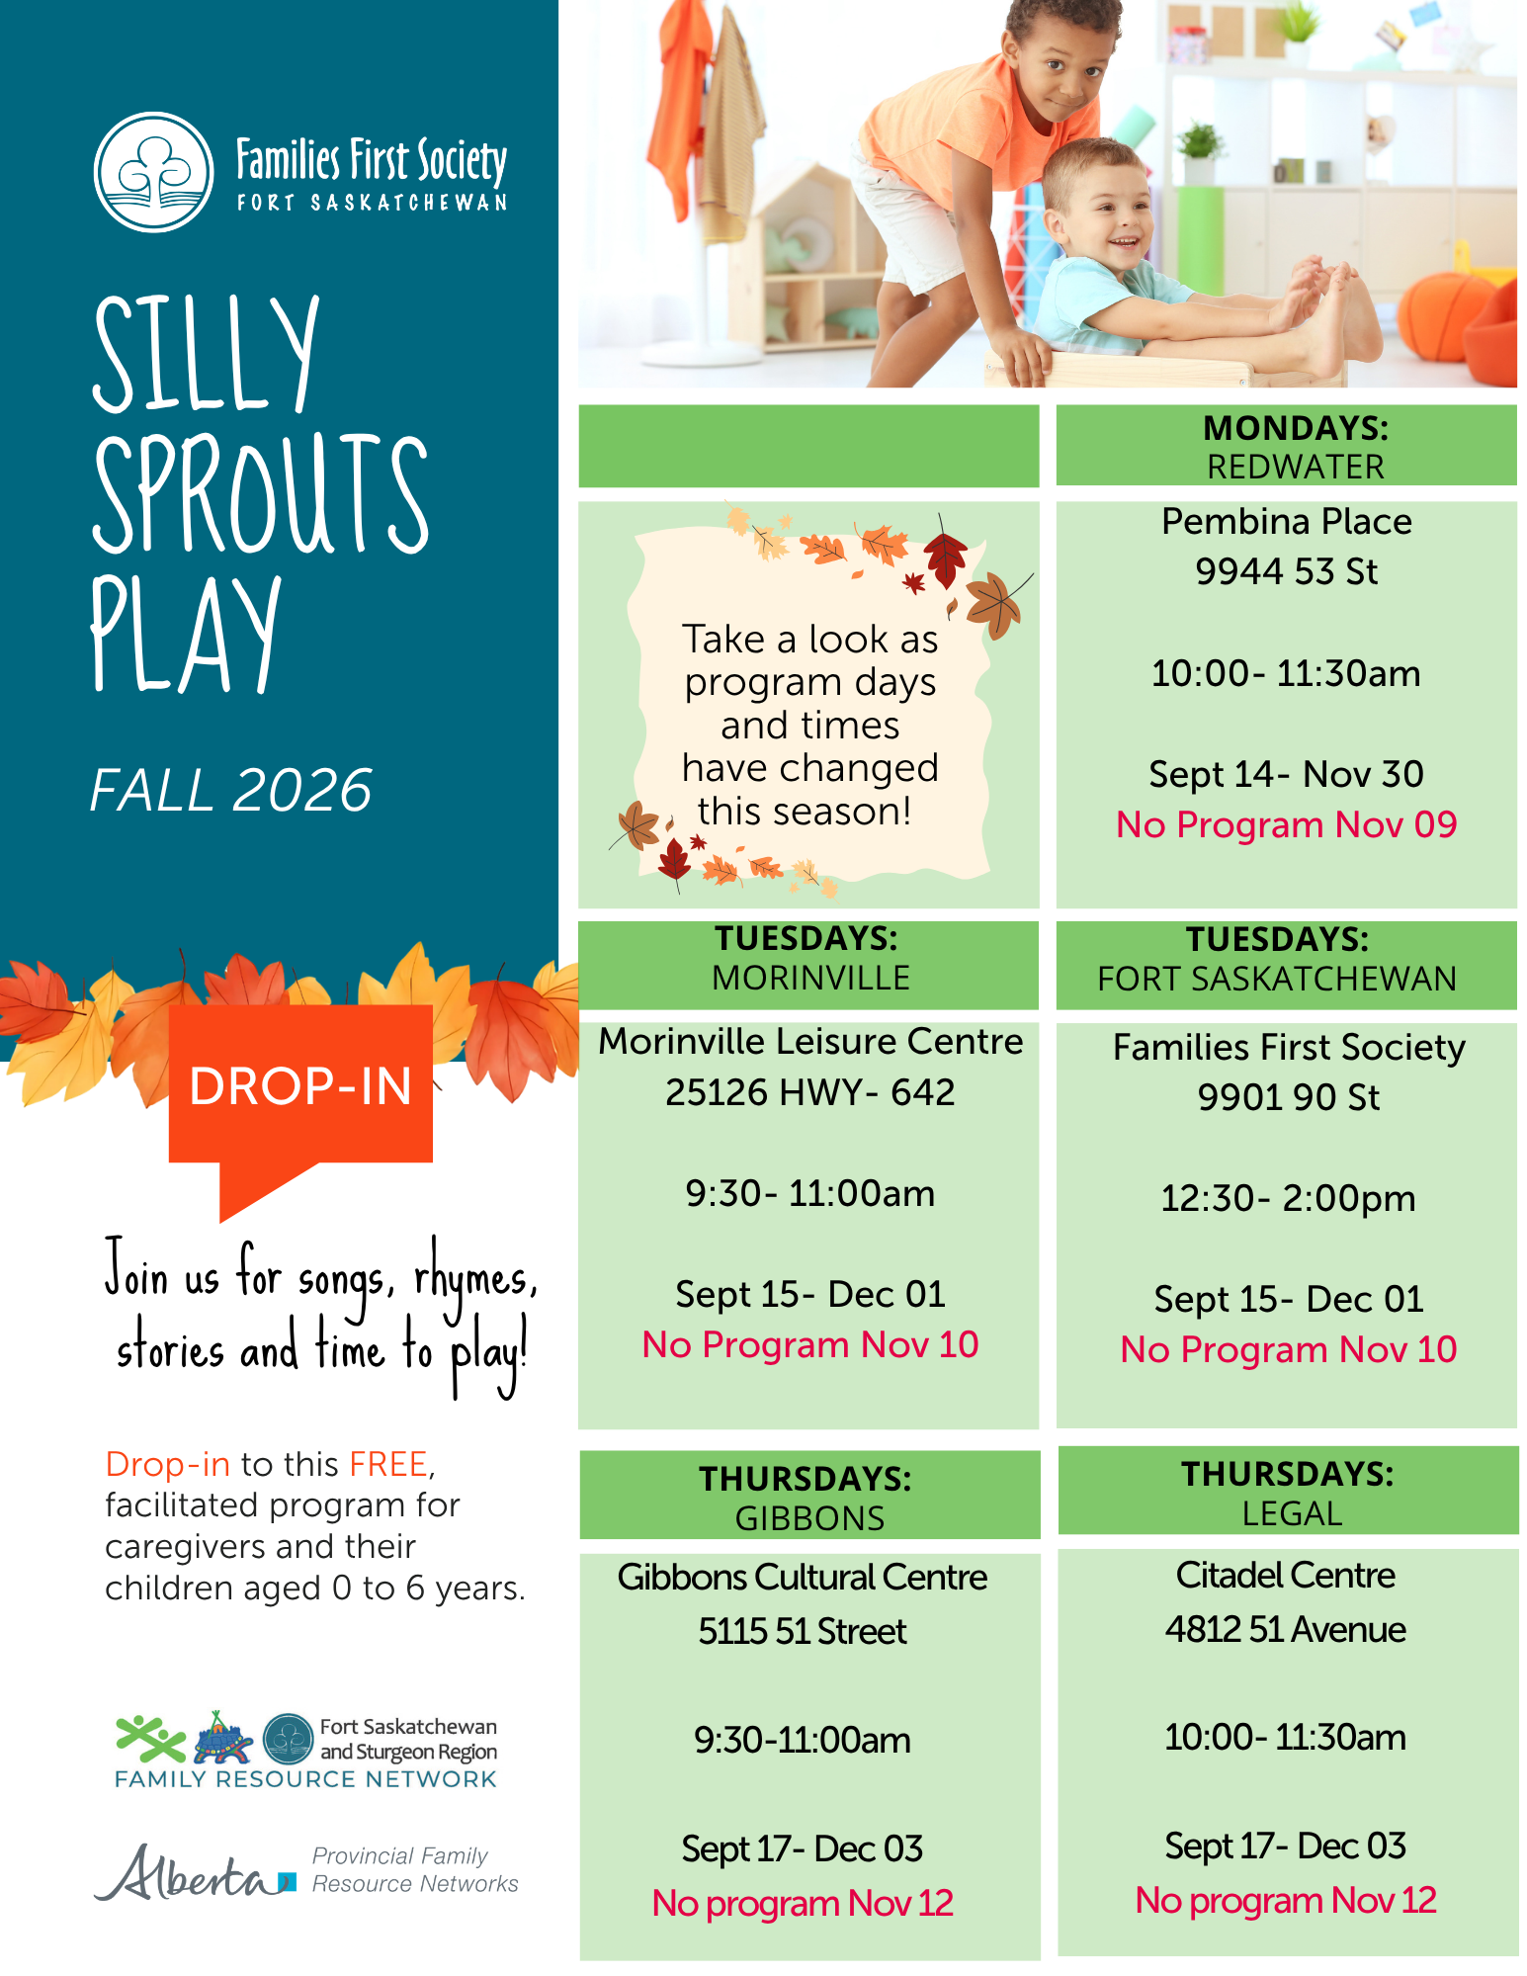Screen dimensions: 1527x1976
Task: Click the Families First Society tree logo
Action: (x=153, y=172)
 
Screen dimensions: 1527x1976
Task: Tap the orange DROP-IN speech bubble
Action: (x=300, y=1097)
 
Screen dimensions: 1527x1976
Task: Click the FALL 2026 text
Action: (x=231, y=790)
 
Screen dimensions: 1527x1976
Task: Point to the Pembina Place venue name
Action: (x=1286, y=521)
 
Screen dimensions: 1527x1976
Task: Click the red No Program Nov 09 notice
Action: (x=1286, y=824)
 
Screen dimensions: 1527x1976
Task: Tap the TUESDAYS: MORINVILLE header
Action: (x=808, y=958)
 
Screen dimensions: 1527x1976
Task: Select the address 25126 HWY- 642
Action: (x=809, y=1092)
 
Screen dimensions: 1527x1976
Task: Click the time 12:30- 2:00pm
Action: (x=1288, y=1198)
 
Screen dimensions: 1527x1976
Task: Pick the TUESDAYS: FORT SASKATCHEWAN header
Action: (x=1277, y=959)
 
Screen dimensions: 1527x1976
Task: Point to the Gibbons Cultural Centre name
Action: (x=802, y=1577)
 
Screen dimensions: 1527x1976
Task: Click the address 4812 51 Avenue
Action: (x=1285, y=1629)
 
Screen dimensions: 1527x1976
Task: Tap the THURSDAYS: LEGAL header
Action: (x=1288, y=1494)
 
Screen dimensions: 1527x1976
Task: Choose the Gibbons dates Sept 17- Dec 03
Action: (x=802, y=1848)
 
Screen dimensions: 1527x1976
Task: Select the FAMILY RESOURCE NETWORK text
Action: (x=305, y=1779)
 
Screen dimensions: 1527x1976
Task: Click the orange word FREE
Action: (x=387, y=1464)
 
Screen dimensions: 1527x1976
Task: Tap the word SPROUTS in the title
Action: (x=261, y=494)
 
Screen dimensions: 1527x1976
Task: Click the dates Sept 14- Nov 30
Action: (x=1286, y=774)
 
